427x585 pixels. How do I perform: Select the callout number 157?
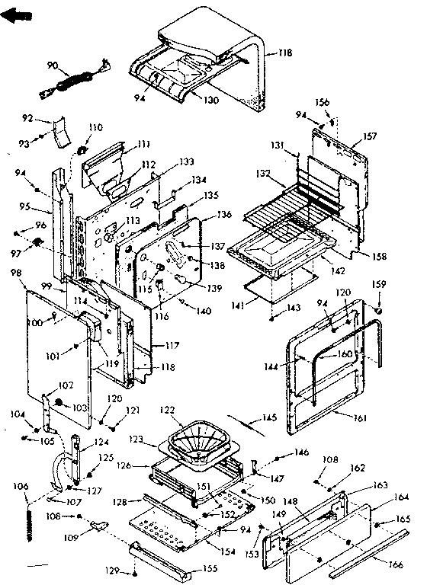pos(370,136)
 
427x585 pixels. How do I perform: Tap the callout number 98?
pos(16,273)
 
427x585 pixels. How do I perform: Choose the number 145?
pos(269,417)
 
